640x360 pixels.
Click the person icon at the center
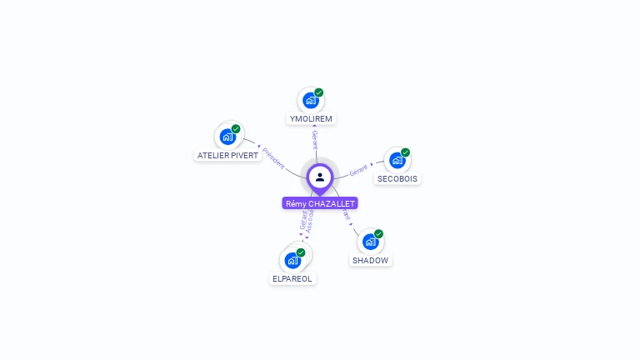[320, 177]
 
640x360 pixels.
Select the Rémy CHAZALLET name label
[320, 203]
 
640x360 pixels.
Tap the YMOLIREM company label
[311, 118]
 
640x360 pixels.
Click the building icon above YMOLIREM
[311, 101]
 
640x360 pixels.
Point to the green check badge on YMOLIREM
[319, 92]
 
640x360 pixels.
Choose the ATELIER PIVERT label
[227, 155]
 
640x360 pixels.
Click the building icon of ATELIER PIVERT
[227, 137]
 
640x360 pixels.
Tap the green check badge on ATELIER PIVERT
[236, 129]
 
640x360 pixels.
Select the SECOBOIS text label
[397, 178]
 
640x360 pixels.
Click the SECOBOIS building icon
[397, 160]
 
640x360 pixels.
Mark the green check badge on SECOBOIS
[406, 152]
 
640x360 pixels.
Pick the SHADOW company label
[370, 260]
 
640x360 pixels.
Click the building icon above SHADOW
[371, 242]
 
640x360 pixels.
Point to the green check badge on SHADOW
[379, 234]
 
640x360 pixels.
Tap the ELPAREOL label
[293, 278]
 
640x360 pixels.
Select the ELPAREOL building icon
[292, 260]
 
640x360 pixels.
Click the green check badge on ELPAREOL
[301, 252]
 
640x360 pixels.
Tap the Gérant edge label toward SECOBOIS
[359, 169]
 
